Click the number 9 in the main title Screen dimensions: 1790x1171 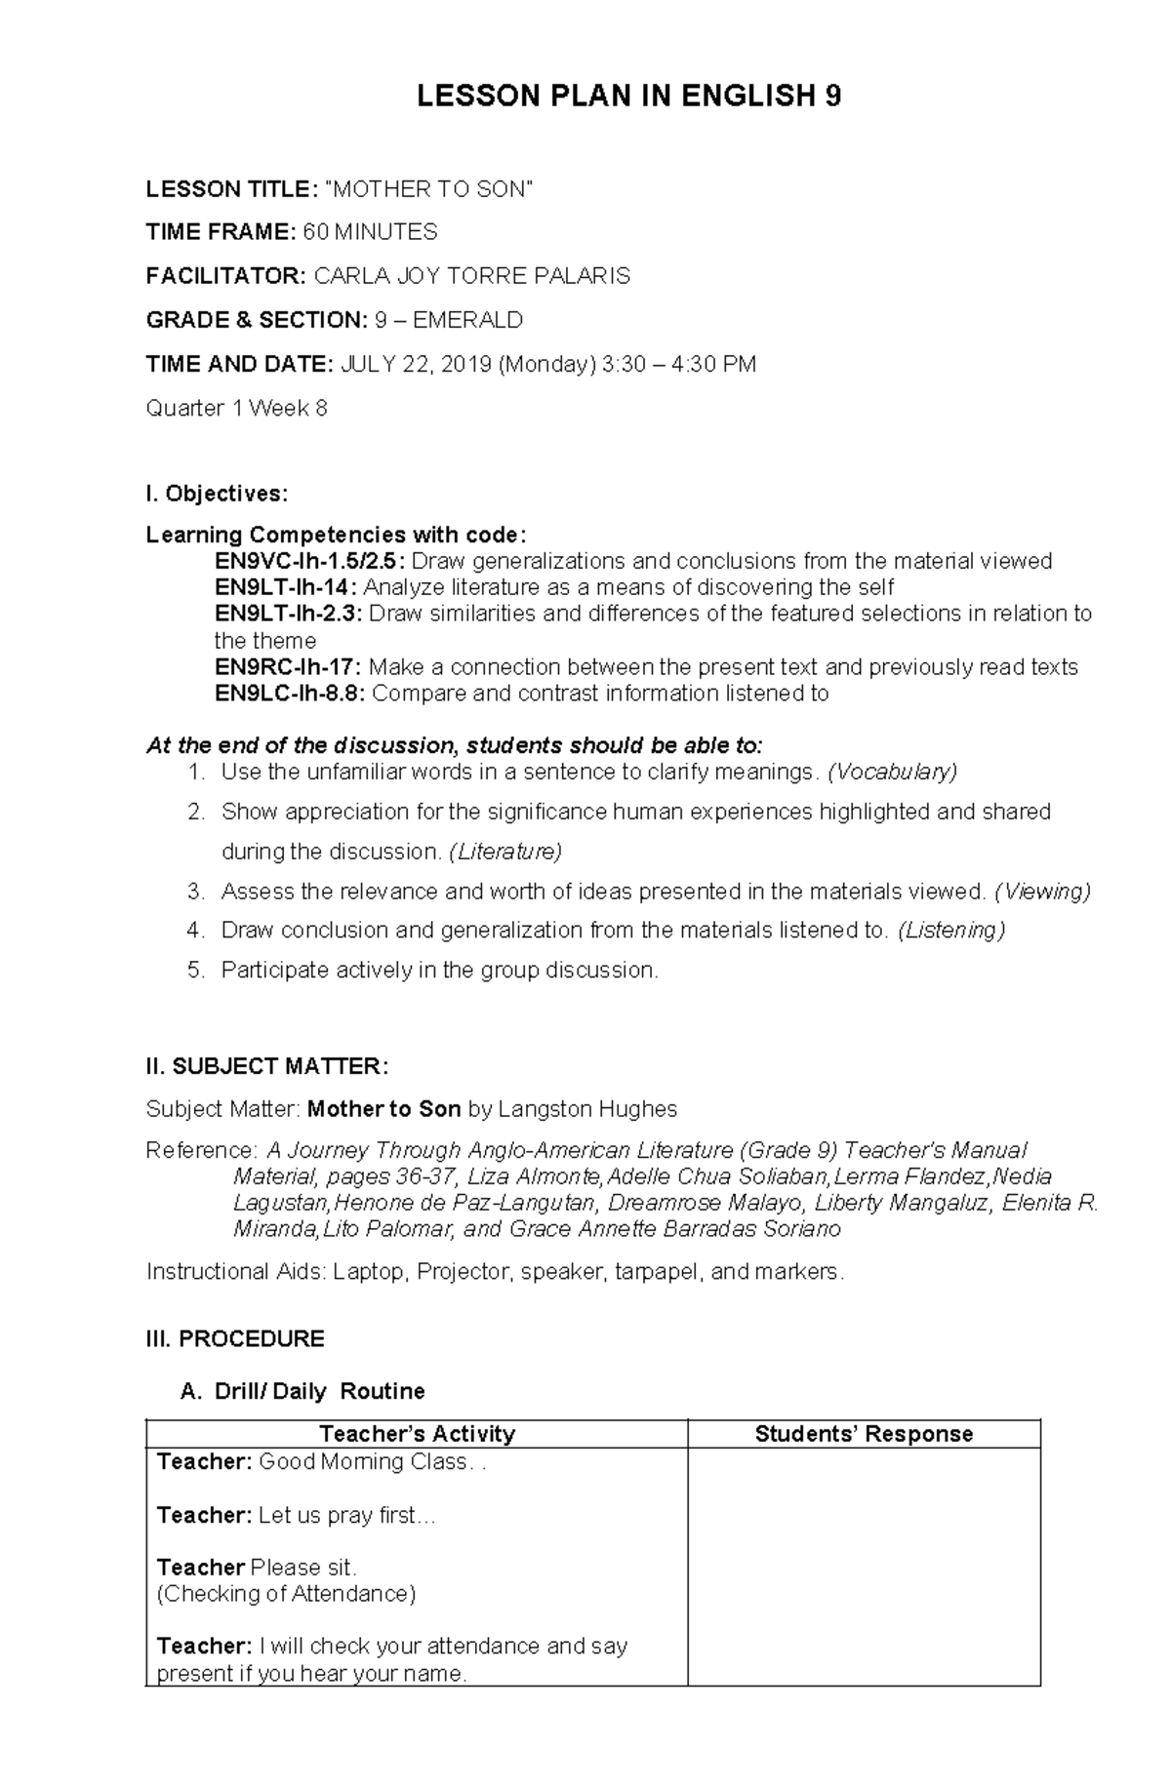click(x=832, y=97)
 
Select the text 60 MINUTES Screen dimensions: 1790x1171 click(x=370, y=232)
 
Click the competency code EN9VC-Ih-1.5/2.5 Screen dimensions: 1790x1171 click(x=310, y=561)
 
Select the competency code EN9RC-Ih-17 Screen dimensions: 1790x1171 click(x=287, y=667)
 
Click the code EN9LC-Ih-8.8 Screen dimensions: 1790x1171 click(x=290, y=694)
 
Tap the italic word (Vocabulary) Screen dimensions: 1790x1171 click(x=892, y=773)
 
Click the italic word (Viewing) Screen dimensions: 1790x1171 click(x=1042, y=892)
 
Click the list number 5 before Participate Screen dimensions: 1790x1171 click(x=195, y=971)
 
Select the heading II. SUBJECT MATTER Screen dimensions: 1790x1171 click(x=266, y=1066)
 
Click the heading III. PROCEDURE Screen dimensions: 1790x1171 click(x=235, y=1338)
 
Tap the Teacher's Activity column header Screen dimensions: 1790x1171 click(x=417, y=1434)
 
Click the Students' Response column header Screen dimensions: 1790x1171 click(x=864, y=1434)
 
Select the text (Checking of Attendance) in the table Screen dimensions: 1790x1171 click(x=286, y=1594)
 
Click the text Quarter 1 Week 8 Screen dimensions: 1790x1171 click(x=236, y=409)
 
